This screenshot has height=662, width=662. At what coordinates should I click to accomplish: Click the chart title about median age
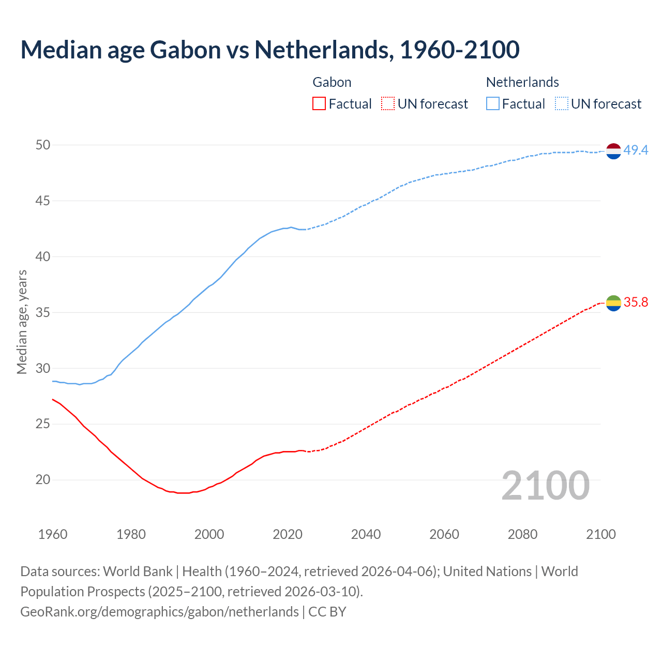269,50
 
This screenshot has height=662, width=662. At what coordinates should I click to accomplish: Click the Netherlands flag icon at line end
613,151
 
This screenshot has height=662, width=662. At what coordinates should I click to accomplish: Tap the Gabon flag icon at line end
613,303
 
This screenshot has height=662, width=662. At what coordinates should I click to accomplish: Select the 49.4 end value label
636,151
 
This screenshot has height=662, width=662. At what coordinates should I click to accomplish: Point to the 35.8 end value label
636,303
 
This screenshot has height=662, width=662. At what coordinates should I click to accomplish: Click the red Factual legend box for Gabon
319,104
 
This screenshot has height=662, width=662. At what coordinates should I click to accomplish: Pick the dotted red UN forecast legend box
388,104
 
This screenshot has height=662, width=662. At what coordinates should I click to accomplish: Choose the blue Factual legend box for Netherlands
493,104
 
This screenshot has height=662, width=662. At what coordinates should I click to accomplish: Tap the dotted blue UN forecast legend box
562,104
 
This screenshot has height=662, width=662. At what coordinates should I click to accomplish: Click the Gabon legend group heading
332,82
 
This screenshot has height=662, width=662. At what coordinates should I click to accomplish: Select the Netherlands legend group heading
522,82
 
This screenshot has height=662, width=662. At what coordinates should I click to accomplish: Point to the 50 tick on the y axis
43,145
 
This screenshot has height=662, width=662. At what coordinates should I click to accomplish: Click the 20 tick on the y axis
43,480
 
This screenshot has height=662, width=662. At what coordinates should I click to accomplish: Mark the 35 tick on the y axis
43,312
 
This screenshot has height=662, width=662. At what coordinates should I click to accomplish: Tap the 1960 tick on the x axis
53,534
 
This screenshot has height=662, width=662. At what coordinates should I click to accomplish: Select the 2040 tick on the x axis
366,534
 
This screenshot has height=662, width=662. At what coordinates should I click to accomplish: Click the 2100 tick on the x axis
600,534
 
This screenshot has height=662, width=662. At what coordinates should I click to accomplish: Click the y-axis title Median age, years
22,322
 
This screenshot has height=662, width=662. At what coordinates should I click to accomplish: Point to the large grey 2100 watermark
545,485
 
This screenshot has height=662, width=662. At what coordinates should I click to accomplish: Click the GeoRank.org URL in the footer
159,612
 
